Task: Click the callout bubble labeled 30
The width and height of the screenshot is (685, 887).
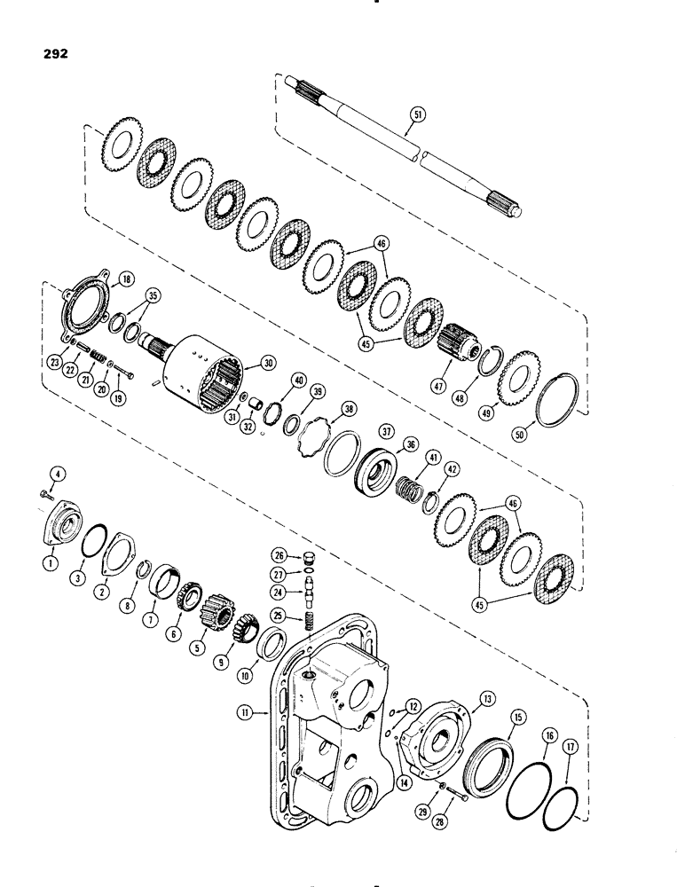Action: point(264,363)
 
